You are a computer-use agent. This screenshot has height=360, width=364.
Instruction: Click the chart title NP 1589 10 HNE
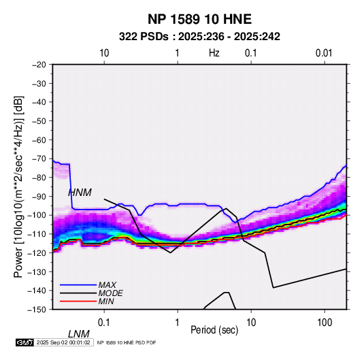point(199,19)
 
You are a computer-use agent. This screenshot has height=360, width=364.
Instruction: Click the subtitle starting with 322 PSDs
point(199,37)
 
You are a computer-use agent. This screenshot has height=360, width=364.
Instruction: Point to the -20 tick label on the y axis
point(39,65)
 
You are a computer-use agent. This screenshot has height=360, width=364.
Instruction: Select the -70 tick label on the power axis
point(39,159)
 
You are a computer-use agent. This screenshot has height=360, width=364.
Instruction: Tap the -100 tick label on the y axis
point(37,215)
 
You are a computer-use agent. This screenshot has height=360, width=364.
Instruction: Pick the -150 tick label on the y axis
point(37,310)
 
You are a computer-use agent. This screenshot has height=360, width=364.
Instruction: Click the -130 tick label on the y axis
point(37,272)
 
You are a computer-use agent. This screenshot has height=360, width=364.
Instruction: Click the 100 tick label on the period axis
point(325,323)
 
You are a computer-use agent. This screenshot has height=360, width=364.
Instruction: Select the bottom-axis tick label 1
point(178,323)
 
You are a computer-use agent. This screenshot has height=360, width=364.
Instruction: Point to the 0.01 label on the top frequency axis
point(324,53)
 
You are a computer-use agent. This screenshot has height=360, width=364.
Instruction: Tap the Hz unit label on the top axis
point(214,53)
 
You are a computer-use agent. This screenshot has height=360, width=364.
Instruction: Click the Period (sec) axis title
point(214,330)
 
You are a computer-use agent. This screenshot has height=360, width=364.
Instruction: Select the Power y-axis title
point(18,186)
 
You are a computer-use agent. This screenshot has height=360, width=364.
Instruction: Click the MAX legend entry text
point(107,285)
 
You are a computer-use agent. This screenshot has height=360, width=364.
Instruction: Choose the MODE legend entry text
point(110,293)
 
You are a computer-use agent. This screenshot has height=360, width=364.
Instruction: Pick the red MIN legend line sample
point(78,301)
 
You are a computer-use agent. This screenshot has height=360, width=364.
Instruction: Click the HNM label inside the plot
point(80,193)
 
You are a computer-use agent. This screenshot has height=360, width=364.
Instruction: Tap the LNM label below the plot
point(79,334)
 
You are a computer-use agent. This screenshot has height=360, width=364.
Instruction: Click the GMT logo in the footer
point(25,342)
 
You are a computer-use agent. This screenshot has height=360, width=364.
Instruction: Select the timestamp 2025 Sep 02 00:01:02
point(63,342)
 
